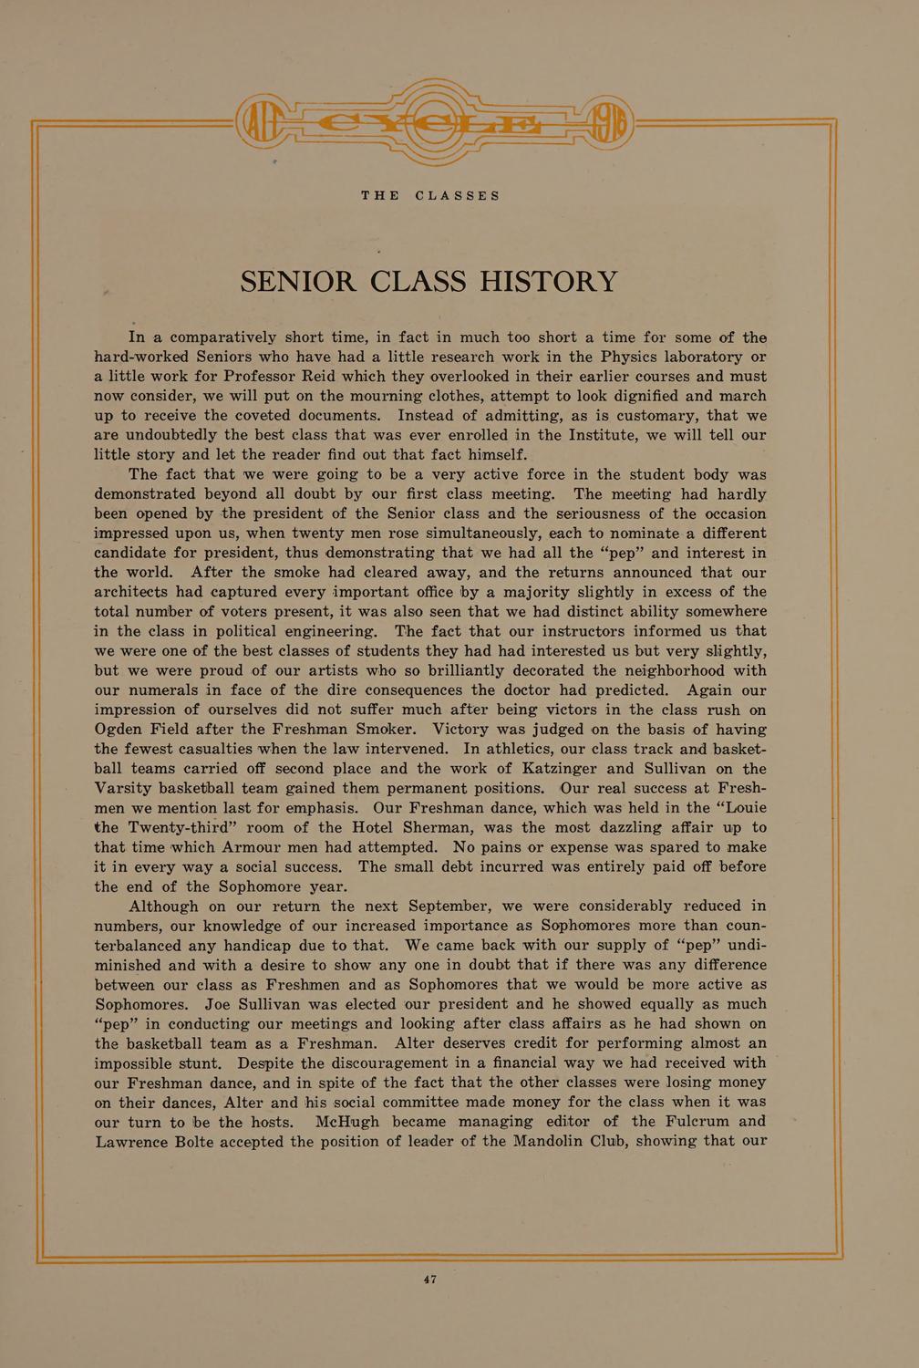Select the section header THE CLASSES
[x=430, y=196]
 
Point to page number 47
[x=430, y=1280]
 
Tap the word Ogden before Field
[x=126, y=730]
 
